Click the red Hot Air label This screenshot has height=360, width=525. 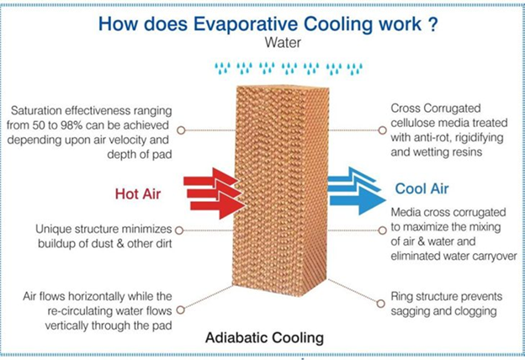[139, 192]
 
